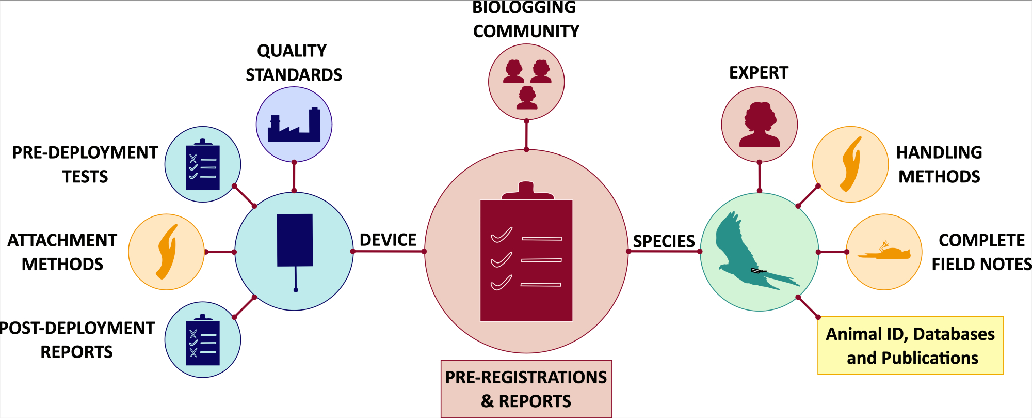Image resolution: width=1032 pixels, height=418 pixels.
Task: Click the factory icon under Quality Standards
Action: pos(294,125)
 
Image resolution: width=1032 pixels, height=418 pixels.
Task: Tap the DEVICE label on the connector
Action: pos(388,240)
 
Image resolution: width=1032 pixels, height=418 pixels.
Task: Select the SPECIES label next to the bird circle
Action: pos(664,241)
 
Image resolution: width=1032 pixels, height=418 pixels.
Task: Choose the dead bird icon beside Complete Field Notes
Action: pos(884,252)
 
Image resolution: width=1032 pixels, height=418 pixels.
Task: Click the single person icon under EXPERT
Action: pos(759,125)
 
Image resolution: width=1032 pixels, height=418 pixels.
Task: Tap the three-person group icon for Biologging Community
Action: pos(526,83)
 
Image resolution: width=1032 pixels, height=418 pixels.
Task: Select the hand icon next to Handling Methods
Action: pos(851,164)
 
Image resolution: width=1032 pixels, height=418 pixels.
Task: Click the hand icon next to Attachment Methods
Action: pos(167,252)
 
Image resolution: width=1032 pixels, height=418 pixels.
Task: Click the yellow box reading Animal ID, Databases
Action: pos(910,345)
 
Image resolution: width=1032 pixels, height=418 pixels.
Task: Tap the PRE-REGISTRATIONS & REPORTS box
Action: pos(526,389)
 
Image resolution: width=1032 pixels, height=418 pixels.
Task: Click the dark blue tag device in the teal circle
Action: pos(295,241)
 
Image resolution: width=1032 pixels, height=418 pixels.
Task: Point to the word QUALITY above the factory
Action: pos(292,51)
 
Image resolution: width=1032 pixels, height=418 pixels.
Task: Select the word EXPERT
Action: pos(759,73)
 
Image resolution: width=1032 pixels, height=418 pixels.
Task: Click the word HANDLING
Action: pos(939,152)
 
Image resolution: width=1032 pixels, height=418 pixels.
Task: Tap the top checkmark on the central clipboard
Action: pos(502,235)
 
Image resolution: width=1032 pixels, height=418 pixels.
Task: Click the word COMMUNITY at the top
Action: pos(526,31)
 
